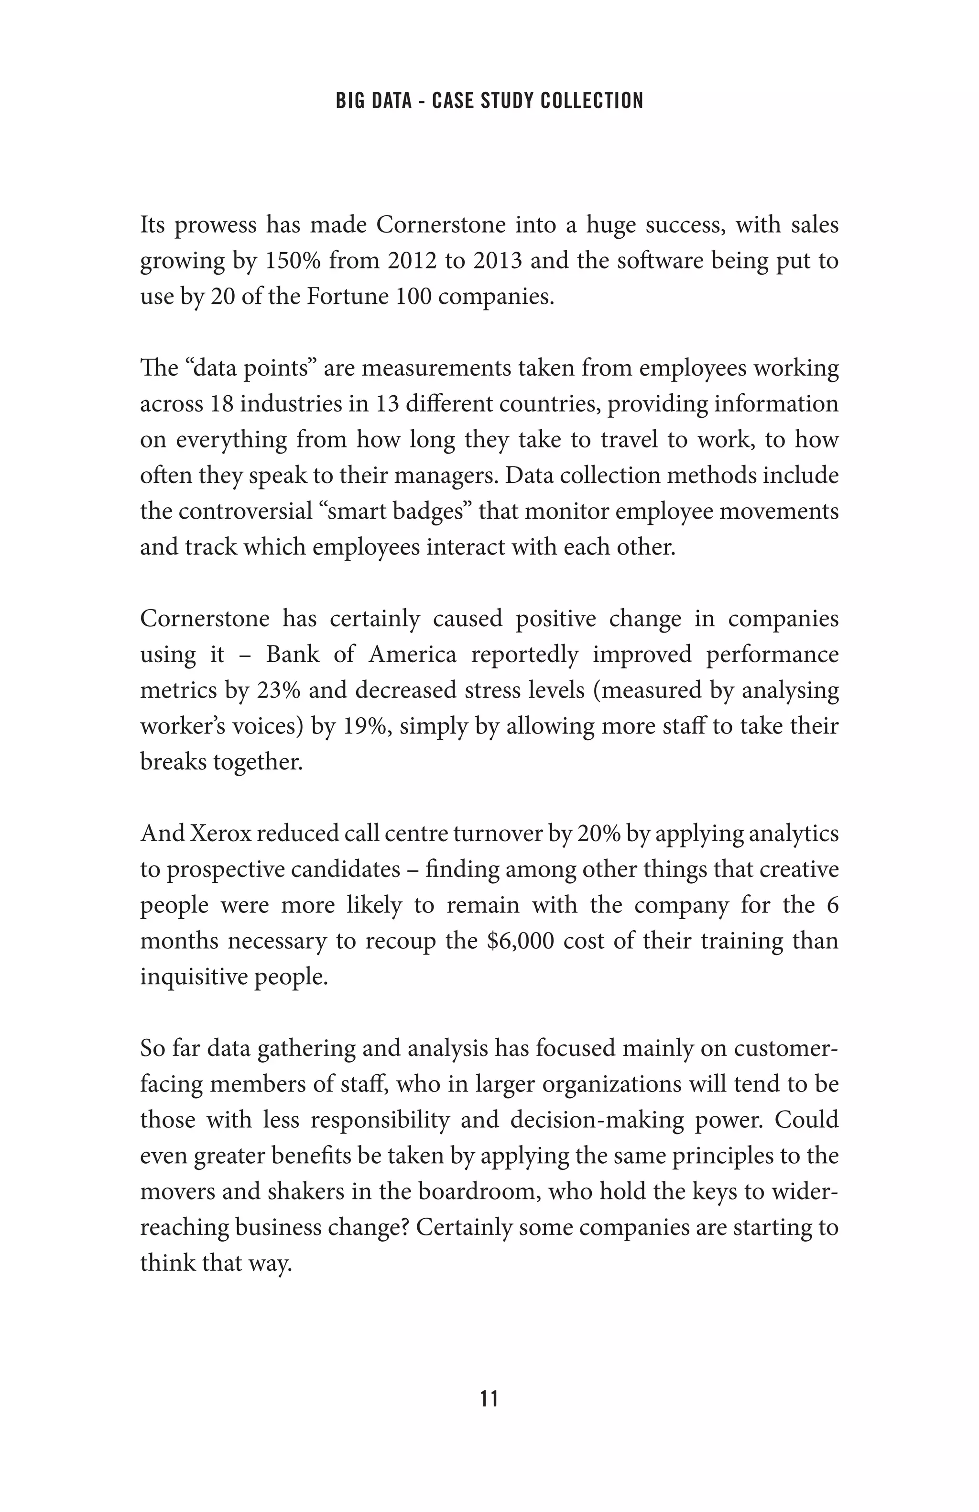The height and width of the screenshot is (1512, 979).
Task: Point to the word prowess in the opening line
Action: (x=215, y=225)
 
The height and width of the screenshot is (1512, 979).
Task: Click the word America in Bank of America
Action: (x=412, y=655)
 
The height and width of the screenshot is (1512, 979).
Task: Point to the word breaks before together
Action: (x=172, y=761)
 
